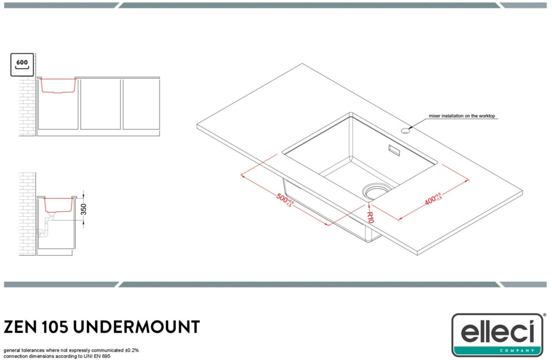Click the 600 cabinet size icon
22,65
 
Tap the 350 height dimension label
84,209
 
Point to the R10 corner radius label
370,217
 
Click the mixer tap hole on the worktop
405,131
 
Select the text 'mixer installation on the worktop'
461,116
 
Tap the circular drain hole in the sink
376,191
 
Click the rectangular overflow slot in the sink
394,150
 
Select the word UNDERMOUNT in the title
136,327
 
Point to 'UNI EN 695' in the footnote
97,356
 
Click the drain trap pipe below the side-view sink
46,226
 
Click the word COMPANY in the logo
517,350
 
